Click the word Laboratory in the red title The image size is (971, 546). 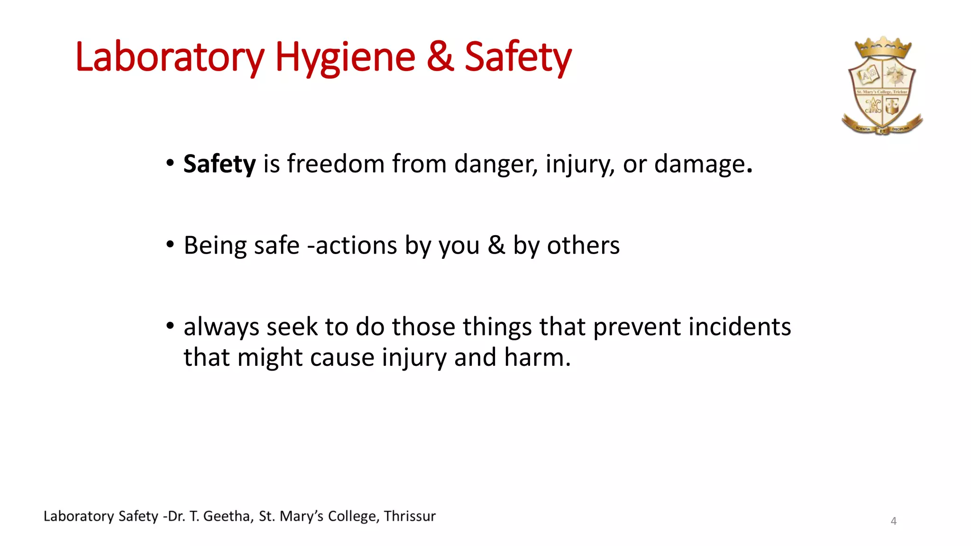[169, 57]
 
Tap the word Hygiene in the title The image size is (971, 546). [345, 57]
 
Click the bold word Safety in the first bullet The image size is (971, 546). [220, 164]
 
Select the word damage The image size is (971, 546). [700, 164]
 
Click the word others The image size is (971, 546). [583, 246]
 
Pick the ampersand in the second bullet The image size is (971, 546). [496, 246]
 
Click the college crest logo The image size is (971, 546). [882, 87]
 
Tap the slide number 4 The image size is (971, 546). [894, 521]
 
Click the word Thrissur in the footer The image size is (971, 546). [410, 516]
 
